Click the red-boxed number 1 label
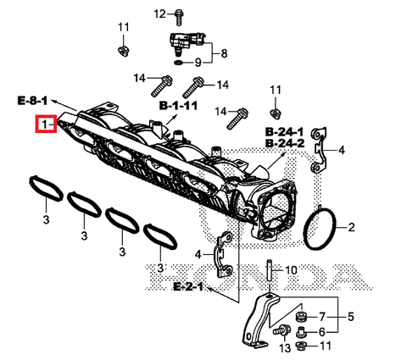[x=45, y=125]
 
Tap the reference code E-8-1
[x=32, y=101]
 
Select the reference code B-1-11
[x=178, y=106]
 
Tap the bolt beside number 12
[x=180, y=14]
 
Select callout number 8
[x=225, y=53]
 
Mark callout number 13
[x=284, y=348]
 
